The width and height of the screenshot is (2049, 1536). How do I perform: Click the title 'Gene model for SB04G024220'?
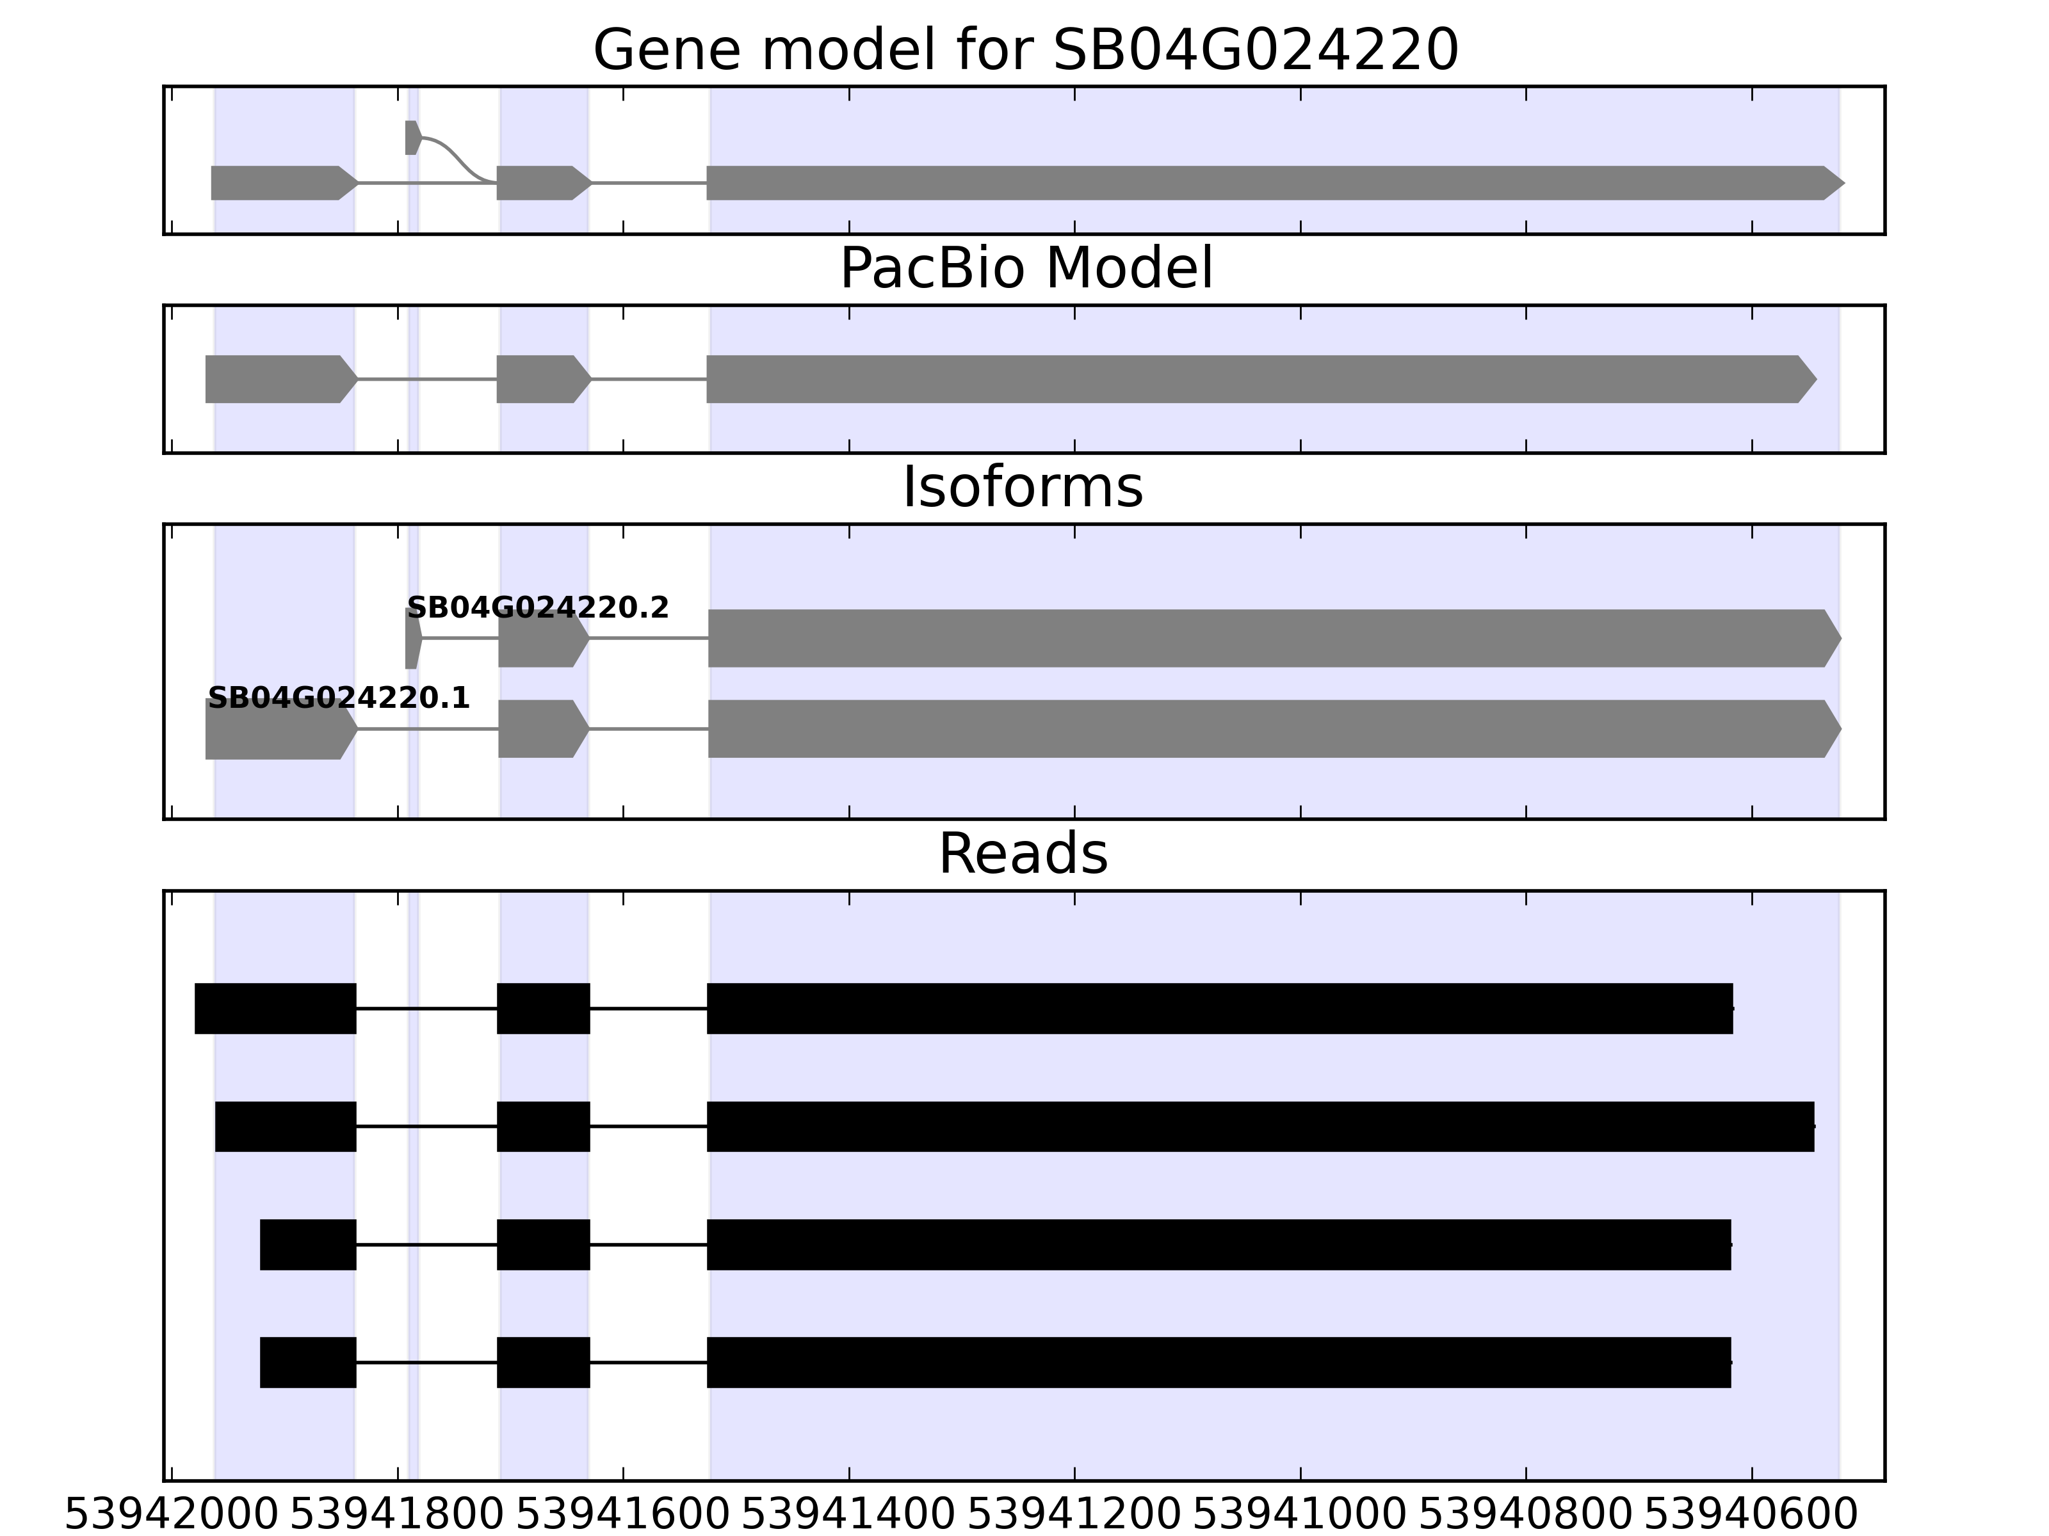pos(1025,50)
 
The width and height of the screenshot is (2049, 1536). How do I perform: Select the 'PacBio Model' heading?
pos(1025,269)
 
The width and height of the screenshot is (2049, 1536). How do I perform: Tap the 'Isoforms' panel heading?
pos(1023,487)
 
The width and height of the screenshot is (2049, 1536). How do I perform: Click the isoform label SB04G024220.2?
pos(537,607)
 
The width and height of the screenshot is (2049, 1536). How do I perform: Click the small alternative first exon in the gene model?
pos(413,137)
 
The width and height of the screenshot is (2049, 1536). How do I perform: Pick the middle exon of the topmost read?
pos(544,1008)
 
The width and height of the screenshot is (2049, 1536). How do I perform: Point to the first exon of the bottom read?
pos(309,1362)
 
